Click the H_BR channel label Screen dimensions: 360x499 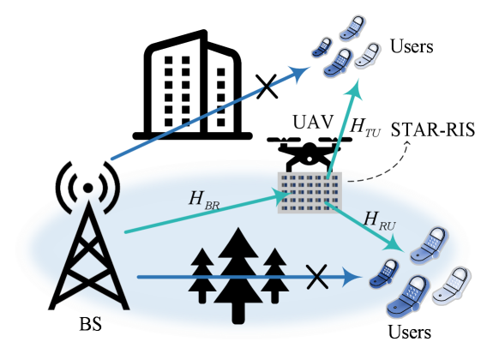pyautogui.click(x=205, y=200)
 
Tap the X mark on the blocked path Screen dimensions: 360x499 pyautogui.click(x=317, y=277)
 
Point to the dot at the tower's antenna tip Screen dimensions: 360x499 pyautogui.click(x=87, y=186)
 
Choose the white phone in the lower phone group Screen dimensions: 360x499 pyautogui.click(x=451, y=286)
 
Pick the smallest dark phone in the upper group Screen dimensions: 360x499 pyautogui.click(x=323, y=47)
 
